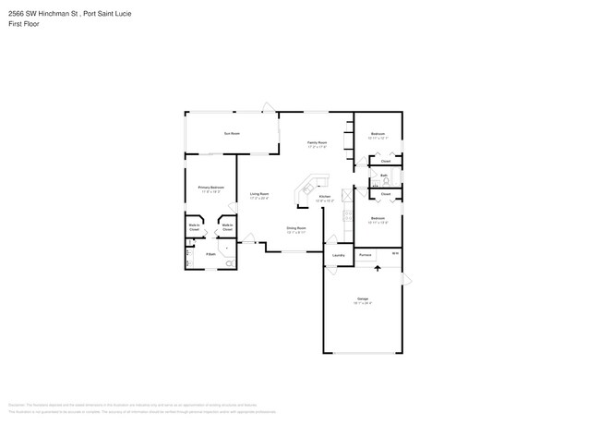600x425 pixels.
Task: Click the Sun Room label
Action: pyautogui.click(x=231, y=134)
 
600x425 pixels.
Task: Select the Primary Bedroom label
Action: pyautogui.click(x=210, y=188)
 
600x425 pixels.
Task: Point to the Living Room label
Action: pyautogui.click(x=258, y=195)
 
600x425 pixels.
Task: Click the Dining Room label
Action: pyautogui.click(x=296, y=229)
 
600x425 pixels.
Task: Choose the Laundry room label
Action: pyautogui.click(x=338, y=255)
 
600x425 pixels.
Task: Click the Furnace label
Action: pyautogui.click(x=366, y=254)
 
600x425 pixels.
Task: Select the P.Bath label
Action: pyautogui.click(x=210, y=253)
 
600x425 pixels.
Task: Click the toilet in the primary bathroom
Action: pyautogui.click(x=229, y=264)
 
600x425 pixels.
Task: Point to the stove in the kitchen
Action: pyautogui.click(x=346, y=195)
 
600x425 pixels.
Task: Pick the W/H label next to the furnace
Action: pyautogui.click(x=394, y=253)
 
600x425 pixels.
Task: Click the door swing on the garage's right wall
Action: pyautogui.click(x=406, y=278)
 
